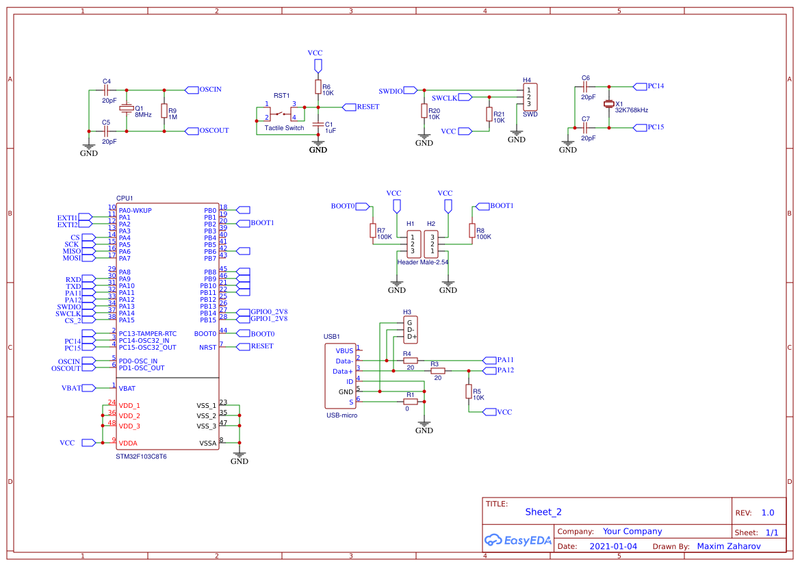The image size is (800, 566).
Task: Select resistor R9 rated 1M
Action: pyautogui.click(x=164, y=110)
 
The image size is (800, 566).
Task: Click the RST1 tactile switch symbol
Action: pyautogui.click(x=281, y=113)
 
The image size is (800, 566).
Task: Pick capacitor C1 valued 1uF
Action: pyautogui.click(x=318, y=125)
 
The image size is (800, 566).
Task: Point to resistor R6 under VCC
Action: pyautogui.click(x=318, y=86)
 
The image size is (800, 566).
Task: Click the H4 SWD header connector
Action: pyautogui.click(x=530, y=97)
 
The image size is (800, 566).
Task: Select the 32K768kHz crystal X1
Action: pyautogui.click(x=608, y=105)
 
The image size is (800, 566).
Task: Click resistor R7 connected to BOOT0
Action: pyautogui.click(x=373, y=231)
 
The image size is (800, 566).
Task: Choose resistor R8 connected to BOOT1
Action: pyautogui.click(x=472, y=231)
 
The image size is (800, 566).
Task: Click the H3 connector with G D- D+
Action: pyautogui.click(x=409, y=329)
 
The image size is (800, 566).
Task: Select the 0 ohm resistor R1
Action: pyautogui.click(x=411, y=402)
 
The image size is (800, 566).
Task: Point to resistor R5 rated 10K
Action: pyautogui.click(x=469, y=391)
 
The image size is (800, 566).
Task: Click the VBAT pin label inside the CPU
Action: pyautogui.click(x=127, y=388)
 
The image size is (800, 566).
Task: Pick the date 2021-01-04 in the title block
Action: pyautogui.click(x=613, y=546)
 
